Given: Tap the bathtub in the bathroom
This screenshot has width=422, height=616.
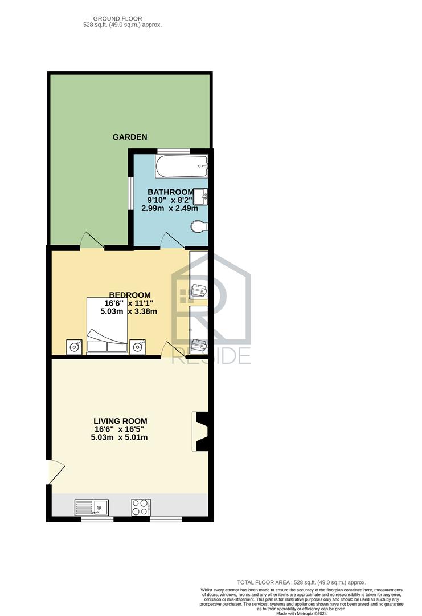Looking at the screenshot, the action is click(182, 167).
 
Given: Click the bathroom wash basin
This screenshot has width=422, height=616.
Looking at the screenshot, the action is click(200, 196).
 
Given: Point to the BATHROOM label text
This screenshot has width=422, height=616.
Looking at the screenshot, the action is click(170, 192).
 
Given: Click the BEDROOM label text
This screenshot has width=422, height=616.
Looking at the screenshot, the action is click(130, 295).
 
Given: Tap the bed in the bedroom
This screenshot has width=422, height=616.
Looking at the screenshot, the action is click(107, 326).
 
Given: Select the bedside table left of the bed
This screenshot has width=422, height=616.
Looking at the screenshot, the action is click(74, 347).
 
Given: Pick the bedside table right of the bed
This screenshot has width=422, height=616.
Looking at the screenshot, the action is click(137, 347).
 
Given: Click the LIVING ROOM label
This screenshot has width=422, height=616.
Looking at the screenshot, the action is click(120, 421).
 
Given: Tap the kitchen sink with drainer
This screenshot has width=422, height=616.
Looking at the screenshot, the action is click(92, 507).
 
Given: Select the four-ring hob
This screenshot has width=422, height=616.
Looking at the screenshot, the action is click(141, 507).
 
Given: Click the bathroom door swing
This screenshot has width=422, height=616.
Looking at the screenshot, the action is click(173, 240).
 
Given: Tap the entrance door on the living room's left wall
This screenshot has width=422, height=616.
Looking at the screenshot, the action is click(55, 472).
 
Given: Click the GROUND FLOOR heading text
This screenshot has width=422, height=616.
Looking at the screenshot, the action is click(118, 18).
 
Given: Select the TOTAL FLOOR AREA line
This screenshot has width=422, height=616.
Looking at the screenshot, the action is click(301, 594).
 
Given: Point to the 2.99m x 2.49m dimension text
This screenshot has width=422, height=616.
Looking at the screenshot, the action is click(170, 209).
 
